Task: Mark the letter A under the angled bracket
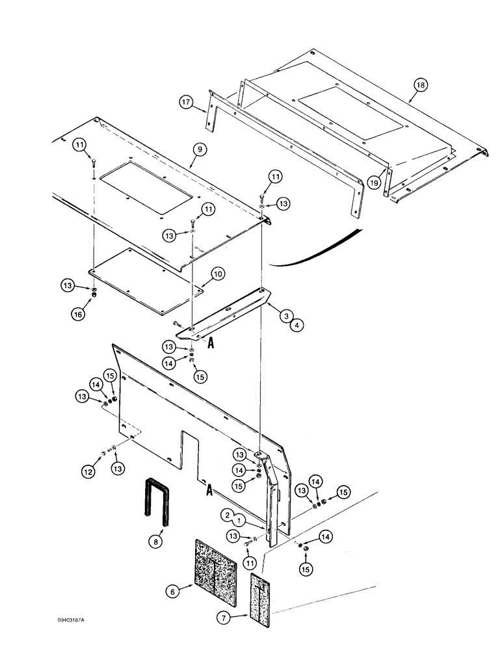point(210,346)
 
